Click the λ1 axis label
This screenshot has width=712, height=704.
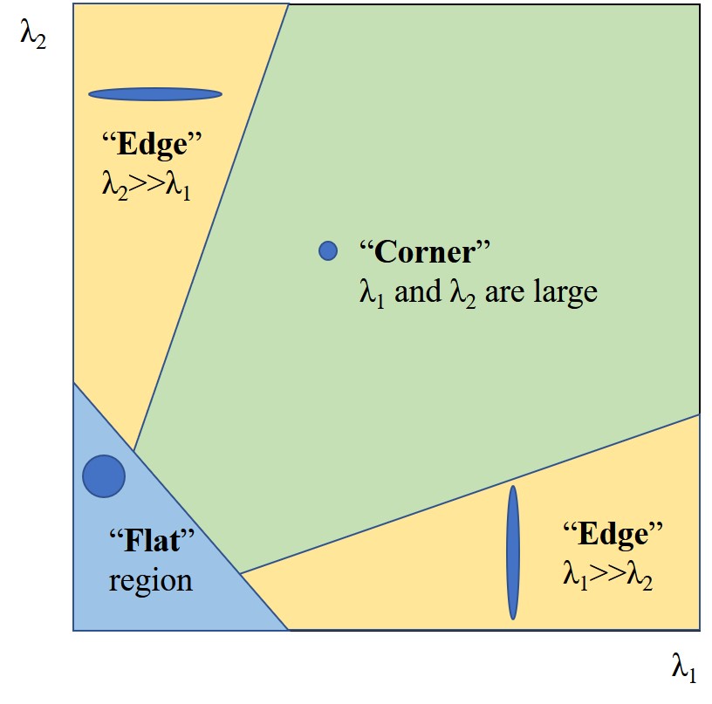(x=683, y=668)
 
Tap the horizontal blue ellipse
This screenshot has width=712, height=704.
(x=155, y=94)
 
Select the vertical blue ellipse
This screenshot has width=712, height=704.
(x=513, y=552)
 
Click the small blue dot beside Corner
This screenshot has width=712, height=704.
(x=327, y=250)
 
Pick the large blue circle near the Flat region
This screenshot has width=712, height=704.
(x=104, y=476)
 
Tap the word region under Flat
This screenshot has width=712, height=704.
(x=150, y=580)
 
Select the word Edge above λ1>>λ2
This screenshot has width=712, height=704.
(x=613, y=534)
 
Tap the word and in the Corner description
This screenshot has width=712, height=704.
(x=420, y=290)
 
